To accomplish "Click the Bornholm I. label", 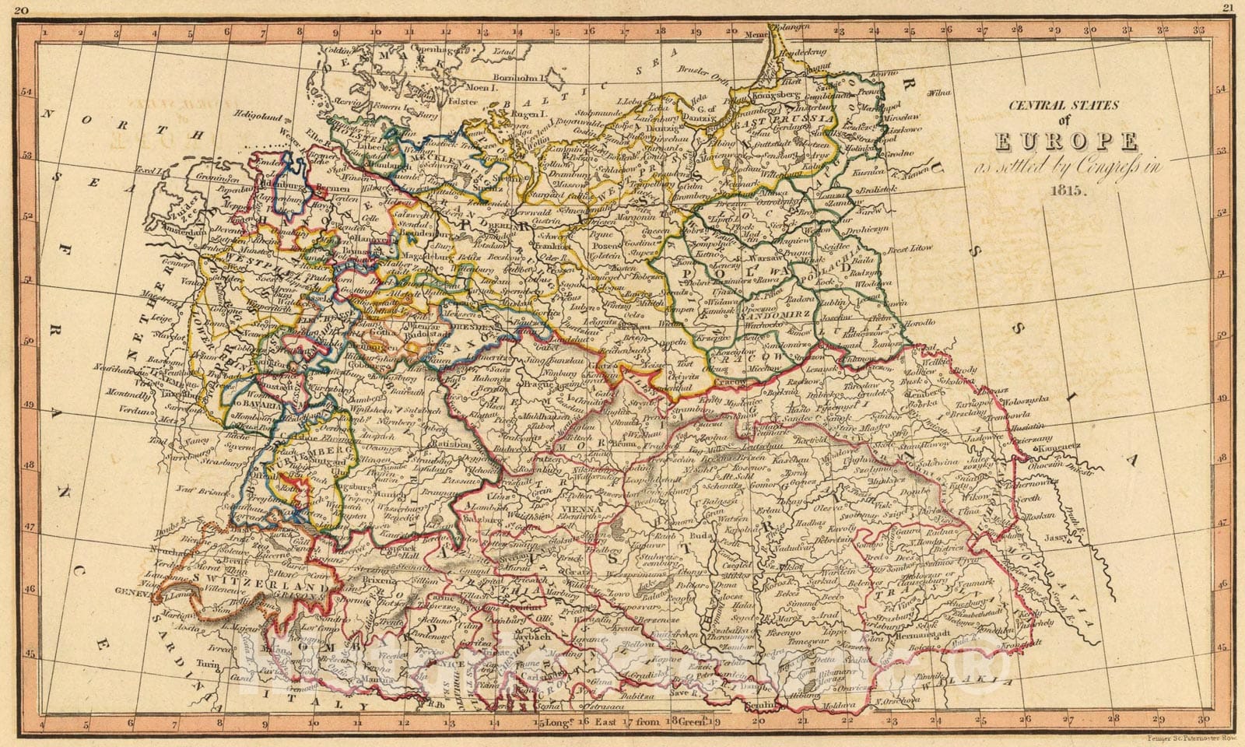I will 518,78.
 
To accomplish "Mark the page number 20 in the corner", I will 22,10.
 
